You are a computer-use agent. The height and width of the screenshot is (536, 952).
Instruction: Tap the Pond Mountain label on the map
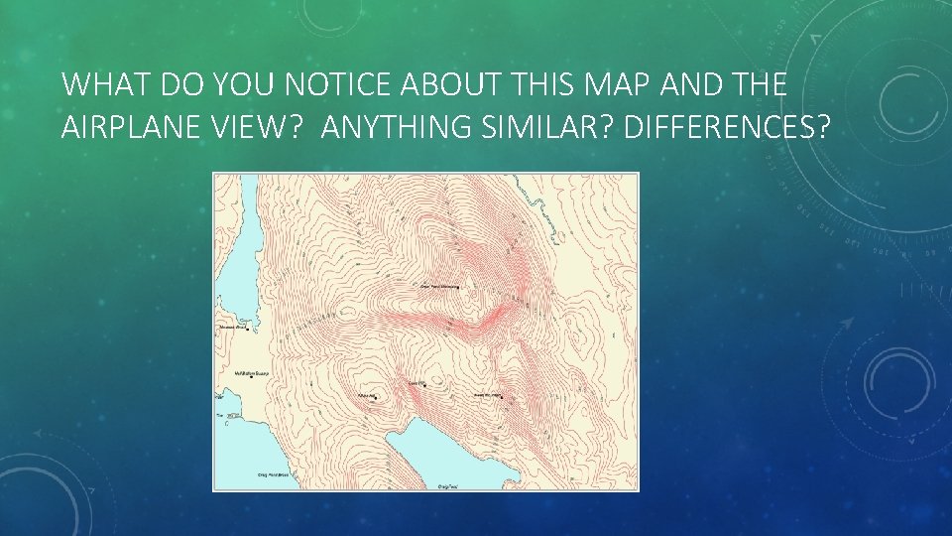pos(440,287)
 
